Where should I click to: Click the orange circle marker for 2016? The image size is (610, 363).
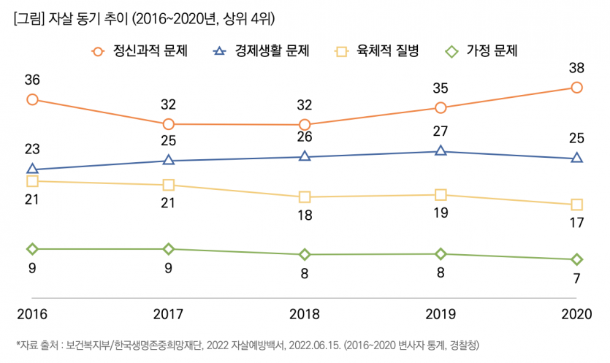tap(32, 99)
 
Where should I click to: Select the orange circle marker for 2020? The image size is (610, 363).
tap(577, 88)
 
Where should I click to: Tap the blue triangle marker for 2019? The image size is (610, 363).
tap(441, 151)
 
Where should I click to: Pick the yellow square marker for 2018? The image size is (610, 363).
tap(305, 197)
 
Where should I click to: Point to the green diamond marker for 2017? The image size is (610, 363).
tap(169, 249)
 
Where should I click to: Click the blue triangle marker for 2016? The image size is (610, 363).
tap(32, 169)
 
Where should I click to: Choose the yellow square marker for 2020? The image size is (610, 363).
tap(577, 205)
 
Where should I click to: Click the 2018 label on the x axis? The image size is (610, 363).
tap(305, 315)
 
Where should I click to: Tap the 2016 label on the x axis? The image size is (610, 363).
tap(32, 315)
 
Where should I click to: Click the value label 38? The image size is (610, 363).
tap(577, 69)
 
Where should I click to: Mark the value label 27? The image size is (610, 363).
tap(441, 132)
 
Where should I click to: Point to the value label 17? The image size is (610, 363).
tap(577, 223)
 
